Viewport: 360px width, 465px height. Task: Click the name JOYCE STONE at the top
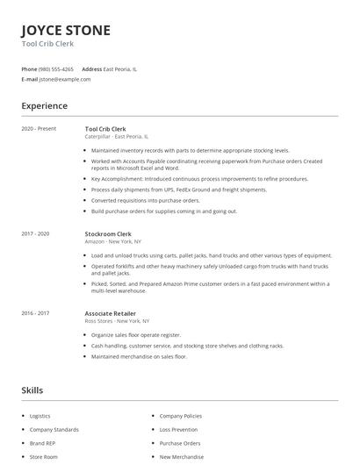click(x=66, y=31)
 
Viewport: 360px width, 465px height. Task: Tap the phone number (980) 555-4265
click(x=56, y=68)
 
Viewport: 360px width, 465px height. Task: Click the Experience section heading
click(x=45, y=106)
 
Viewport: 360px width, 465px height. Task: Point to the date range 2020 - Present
click(x=39, y=129)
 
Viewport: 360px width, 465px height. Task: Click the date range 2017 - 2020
click(x=36, y=234)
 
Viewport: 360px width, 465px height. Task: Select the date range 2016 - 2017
click(x=36, y=313)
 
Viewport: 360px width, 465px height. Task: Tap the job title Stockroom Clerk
click(x=107, y=234)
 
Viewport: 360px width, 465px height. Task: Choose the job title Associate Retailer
click(x=110, y=313)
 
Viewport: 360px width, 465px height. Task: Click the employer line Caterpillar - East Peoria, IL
click(x=117, y=137)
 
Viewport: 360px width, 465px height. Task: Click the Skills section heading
click(x=32, y=390)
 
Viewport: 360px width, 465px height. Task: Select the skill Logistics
click(x=40, y=416)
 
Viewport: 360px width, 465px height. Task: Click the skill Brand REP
click(x=42, y=443)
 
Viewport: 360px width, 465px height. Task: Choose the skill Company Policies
click(x=180, y=416)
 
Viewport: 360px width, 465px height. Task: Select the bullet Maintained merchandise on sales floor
click(x=139, y=356)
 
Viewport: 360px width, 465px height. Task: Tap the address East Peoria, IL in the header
click(x=119, y=68)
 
